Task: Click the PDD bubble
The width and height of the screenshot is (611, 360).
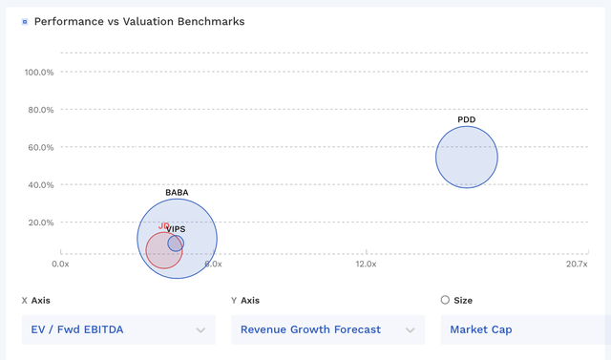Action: (x=467, y=158)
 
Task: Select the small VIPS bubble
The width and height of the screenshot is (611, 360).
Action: (x=176, y=244)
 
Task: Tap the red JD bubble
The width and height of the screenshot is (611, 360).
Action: (x=162, y=251)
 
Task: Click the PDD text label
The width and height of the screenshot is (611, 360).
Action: (x=467, y=119)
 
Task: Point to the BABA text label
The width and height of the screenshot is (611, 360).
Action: (x=177, y=192)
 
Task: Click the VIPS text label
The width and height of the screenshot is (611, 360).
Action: (x=176, y=229)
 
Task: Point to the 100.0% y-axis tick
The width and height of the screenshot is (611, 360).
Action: (x=38, y=72)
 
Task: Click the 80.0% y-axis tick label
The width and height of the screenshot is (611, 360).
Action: (x=38, y=110)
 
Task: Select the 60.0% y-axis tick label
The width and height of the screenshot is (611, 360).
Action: (x=38, y=147)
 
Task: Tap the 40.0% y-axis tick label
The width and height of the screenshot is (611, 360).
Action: (x=38, y=184)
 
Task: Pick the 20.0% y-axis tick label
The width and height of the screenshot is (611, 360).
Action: (x=38, y=222)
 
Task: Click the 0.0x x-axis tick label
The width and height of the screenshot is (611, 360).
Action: (x=60, y=264)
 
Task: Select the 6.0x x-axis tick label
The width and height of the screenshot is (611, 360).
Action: (x=212, y=264)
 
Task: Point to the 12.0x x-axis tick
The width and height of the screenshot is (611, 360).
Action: (x=366, y=264)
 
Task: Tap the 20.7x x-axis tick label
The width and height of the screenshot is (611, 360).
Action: (x=575, y=264)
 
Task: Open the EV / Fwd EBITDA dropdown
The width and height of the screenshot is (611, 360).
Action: (x=118, y=329)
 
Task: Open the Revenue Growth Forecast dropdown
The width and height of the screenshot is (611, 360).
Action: (x=327, y=329)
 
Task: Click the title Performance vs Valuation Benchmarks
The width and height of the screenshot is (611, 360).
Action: (x=139, y=21)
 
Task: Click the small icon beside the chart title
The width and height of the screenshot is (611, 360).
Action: (x=24, y=21)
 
